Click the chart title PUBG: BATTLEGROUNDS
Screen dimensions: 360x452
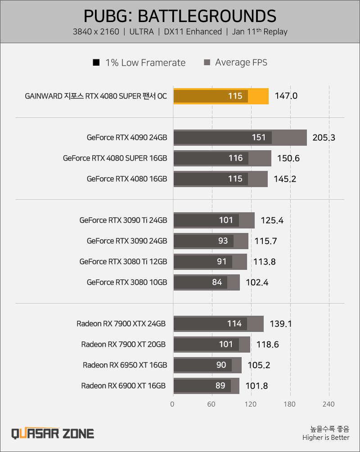[x=180, y=16]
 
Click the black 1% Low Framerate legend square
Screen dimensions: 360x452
[x=96, y=62]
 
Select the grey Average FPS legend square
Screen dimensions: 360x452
[x=207, y=62]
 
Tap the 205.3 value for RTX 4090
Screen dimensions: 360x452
[x=324, y=138]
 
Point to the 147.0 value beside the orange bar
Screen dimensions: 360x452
[x=286, y=96]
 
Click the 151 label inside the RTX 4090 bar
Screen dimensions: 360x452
[x=258, y=137]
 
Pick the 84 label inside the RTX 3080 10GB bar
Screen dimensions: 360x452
[x=217, y=282]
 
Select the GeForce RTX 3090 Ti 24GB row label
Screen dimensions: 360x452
[x=123, y=220]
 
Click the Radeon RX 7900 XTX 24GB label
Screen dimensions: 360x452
[x=121, y=324]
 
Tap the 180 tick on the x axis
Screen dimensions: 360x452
[x=289, y=404]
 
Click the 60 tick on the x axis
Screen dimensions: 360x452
[x=211, y=404]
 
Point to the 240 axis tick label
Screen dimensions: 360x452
[x=328, y=404]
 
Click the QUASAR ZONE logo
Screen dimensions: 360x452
[x=53, y=434]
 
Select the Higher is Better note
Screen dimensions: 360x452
[x=326, y=438]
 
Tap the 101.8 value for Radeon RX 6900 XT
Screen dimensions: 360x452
[x=256, y=386]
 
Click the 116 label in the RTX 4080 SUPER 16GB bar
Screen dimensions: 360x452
[x=236, y=158]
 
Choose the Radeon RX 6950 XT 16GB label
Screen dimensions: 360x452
[x=125, y=365]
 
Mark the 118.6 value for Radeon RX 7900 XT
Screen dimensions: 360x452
[x=267, y=345]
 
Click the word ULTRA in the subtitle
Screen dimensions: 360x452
[x=141, y=32]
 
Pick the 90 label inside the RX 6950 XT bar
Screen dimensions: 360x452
[x=221, y=365]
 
